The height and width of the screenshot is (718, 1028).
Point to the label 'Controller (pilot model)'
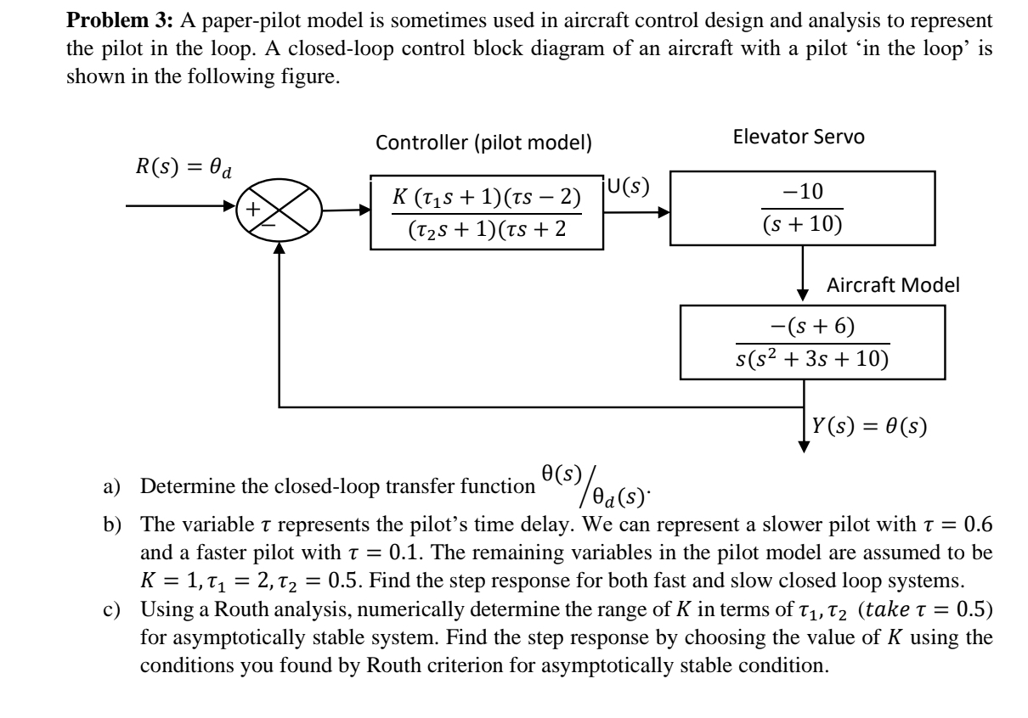tap(484, 143)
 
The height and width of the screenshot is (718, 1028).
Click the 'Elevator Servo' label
tap(798, 137)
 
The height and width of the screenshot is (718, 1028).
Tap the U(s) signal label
tap(630, 188)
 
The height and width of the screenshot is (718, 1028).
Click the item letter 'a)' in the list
tap(120, 486)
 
